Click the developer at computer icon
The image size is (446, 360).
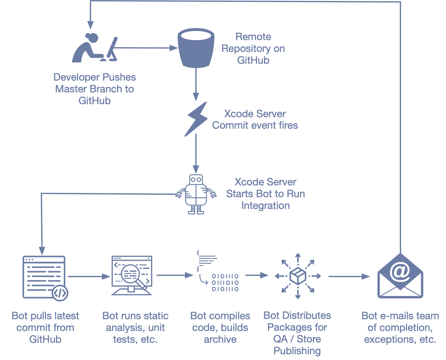[94, 48]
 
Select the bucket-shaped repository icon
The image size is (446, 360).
[196, 48]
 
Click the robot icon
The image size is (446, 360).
[196, 194]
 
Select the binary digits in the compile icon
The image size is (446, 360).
[225, 283]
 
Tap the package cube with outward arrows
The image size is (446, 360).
[298, 276]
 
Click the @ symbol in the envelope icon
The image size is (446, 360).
[400, 271]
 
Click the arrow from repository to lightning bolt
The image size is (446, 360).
[196, 84]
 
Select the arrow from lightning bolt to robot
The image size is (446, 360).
[196, 153]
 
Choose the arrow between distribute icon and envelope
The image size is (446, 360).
[349, 277]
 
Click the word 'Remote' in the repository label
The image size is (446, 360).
[253, 37]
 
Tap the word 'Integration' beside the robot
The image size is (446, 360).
[265, 205]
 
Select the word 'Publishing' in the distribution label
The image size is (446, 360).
[297, 351]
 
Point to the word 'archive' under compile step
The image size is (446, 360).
[220, 339]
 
